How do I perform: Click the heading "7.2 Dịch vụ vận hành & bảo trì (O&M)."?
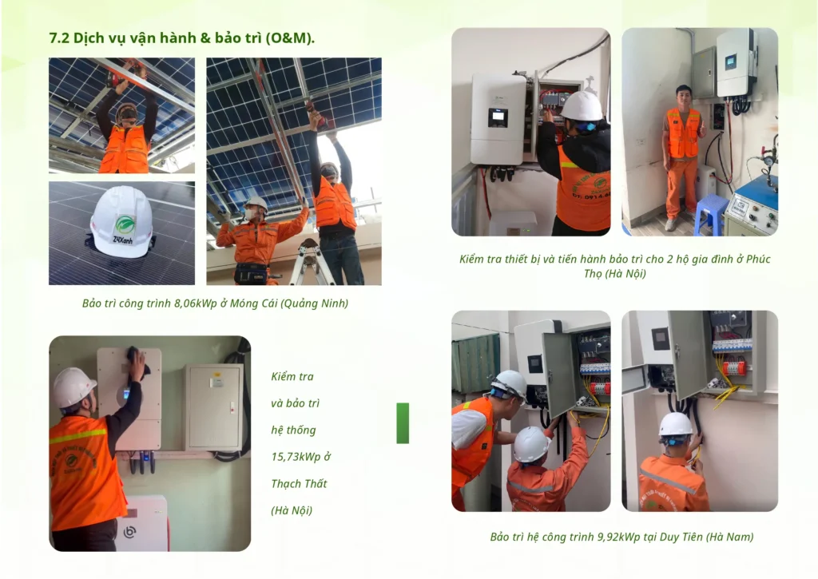(181, 38)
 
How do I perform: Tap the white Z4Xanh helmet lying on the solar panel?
(121, 223)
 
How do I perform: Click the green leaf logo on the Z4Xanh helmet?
(125, 225)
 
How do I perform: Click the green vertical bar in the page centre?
(403, 423)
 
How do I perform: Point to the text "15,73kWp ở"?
(301, 457)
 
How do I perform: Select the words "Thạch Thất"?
(299, 483)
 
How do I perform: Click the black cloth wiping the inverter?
(137, 359)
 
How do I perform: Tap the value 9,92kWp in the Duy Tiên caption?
(618, 537)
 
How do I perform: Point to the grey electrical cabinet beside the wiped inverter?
(213, 406)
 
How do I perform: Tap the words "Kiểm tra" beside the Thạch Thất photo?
(292, 377)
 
